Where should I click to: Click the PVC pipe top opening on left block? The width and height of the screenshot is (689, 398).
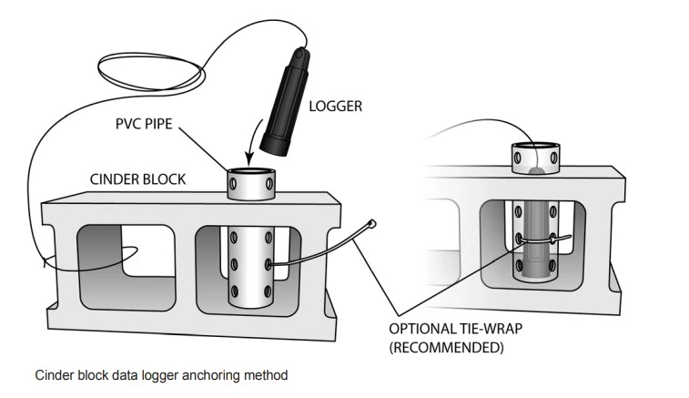(x=251, y=172)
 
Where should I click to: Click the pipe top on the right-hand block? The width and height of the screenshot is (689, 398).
(x=538, y=149)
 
